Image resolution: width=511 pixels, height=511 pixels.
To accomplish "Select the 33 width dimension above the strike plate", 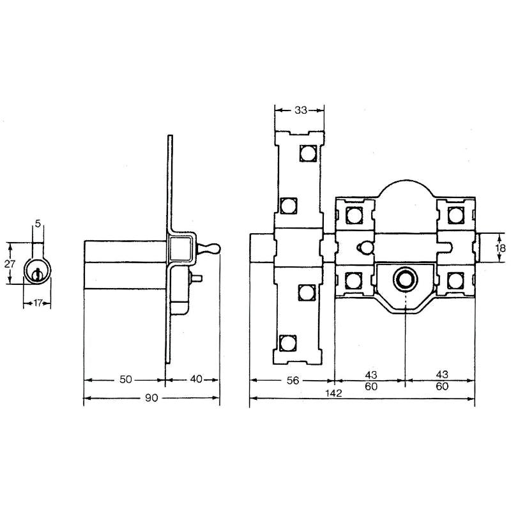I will tap(300, 110).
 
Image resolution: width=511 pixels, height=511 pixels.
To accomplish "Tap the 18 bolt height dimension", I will tap(500, 248).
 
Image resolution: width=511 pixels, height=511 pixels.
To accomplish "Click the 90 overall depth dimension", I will tap(151, 398).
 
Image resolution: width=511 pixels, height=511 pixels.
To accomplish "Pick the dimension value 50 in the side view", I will tap(125, 379).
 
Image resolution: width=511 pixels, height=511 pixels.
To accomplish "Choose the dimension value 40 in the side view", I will tap(195, 379).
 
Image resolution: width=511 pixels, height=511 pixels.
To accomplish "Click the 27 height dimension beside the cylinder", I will tap(9, 263).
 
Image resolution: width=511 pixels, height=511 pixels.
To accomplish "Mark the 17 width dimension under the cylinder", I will tap(38, 303).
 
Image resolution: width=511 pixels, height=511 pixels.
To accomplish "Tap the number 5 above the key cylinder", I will tap(38, 223).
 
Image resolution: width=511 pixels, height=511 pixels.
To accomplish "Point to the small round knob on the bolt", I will tap(365, 247).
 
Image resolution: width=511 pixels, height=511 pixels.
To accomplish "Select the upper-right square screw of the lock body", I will tap(455, 213).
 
